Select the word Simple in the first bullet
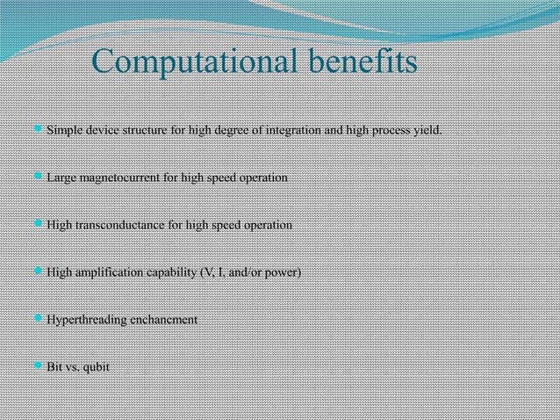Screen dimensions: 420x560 [63, 132]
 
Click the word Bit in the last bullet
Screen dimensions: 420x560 [54, 366]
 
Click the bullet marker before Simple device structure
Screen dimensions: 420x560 [38, 131]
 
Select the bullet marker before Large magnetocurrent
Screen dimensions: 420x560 [38, 177]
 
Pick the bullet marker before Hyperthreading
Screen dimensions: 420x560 [38, 319]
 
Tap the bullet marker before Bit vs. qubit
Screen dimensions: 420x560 [38, 366]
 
